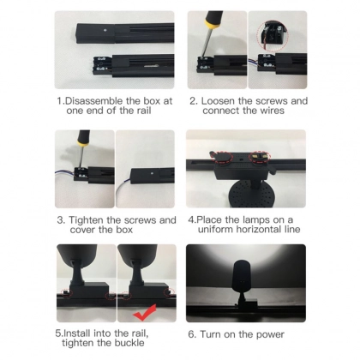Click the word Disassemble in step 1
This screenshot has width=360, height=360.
[x=94, y=101]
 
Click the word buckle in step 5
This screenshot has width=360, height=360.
[x=129, y=343]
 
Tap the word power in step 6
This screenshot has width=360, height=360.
[x=270, y=335]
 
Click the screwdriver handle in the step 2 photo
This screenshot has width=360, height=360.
[x=213, y=20]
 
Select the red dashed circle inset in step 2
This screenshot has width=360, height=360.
[x=273, y=36]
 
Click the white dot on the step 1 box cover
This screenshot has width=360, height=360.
[x=105, y=29]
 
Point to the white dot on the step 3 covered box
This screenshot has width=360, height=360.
[x=153, y=173]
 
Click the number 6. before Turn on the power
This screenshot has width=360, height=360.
[x=192, y=334]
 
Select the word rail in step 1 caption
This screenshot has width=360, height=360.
[x=144, y=111]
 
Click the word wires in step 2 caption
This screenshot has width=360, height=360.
[x=272, y=111]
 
